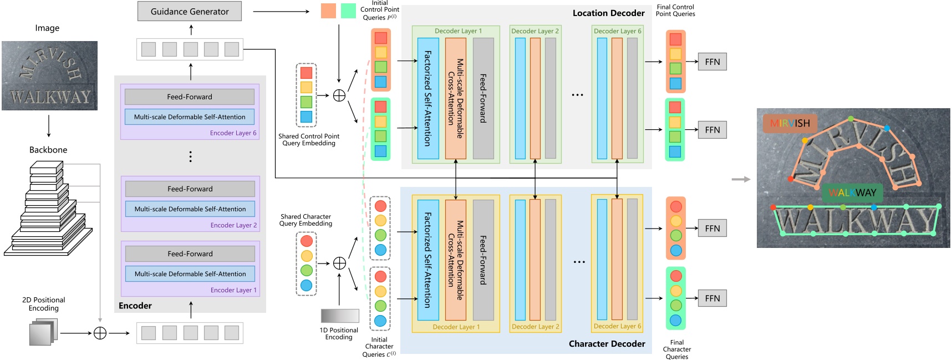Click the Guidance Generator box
[190, 11]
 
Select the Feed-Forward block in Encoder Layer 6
[190, 97]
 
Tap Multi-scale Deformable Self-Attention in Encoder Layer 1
[190, 273]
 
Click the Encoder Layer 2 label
[233, 225]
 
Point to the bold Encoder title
[135, 306]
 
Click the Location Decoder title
[608, 13]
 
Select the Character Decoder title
[607, 344]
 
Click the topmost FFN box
[712, 62]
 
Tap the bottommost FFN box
[712, 298]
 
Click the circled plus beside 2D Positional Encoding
[100, 333]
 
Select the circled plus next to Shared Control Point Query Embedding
[339, 95]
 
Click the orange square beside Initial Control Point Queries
[328, 11]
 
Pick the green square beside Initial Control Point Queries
[348, 11]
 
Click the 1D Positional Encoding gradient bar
[339, 316]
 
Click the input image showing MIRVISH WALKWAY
[49, 75]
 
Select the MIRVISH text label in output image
[790, 123]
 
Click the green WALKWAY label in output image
[852, 192]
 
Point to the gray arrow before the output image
[741, 179]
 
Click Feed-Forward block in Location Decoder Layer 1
[483, 98]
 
